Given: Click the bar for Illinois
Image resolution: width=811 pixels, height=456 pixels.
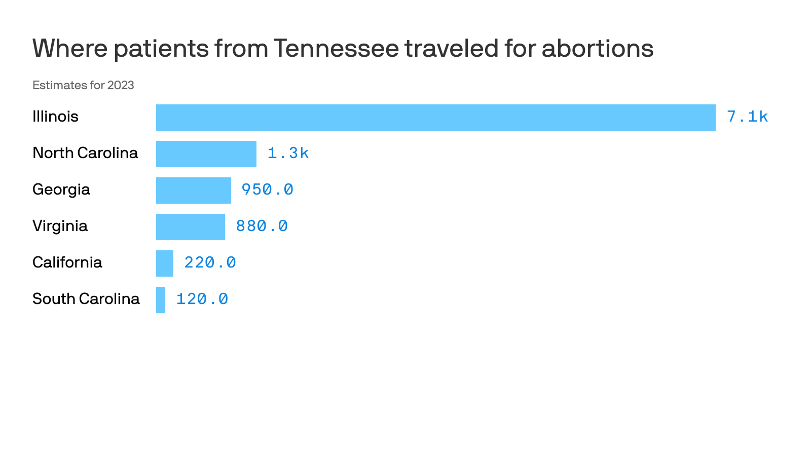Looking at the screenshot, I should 435,118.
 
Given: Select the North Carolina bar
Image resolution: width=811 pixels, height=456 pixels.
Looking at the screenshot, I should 206,154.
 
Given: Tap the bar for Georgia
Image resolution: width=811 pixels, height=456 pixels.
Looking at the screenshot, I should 193,191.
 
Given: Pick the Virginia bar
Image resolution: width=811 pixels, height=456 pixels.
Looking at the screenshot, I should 190,227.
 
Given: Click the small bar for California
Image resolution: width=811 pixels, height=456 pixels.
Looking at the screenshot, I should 164,263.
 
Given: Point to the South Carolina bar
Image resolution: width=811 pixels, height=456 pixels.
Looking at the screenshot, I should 160,300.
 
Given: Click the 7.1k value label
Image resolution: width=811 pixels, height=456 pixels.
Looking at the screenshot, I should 747,117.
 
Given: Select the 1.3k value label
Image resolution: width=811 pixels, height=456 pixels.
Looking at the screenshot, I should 288,154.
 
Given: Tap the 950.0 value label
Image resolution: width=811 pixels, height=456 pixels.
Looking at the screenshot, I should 267,190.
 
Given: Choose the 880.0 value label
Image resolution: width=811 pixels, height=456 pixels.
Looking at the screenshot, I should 262,226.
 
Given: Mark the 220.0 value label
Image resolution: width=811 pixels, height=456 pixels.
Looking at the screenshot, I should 210,263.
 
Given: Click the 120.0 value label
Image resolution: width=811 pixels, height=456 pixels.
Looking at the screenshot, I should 202,299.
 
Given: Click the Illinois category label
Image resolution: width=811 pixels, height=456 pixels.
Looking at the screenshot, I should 55,117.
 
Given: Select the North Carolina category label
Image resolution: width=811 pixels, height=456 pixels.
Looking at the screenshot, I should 85,153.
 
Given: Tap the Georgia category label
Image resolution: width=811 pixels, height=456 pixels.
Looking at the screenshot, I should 61,190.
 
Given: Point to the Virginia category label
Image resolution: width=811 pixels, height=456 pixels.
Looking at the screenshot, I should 60,226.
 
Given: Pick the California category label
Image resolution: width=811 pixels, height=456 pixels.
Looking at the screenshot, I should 67,262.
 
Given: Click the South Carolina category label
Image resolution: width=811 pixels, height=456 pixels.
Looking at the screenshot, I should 86,299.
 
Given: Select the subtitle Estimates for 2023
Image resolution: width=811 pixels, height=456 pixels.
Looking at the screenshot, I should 83,85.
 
